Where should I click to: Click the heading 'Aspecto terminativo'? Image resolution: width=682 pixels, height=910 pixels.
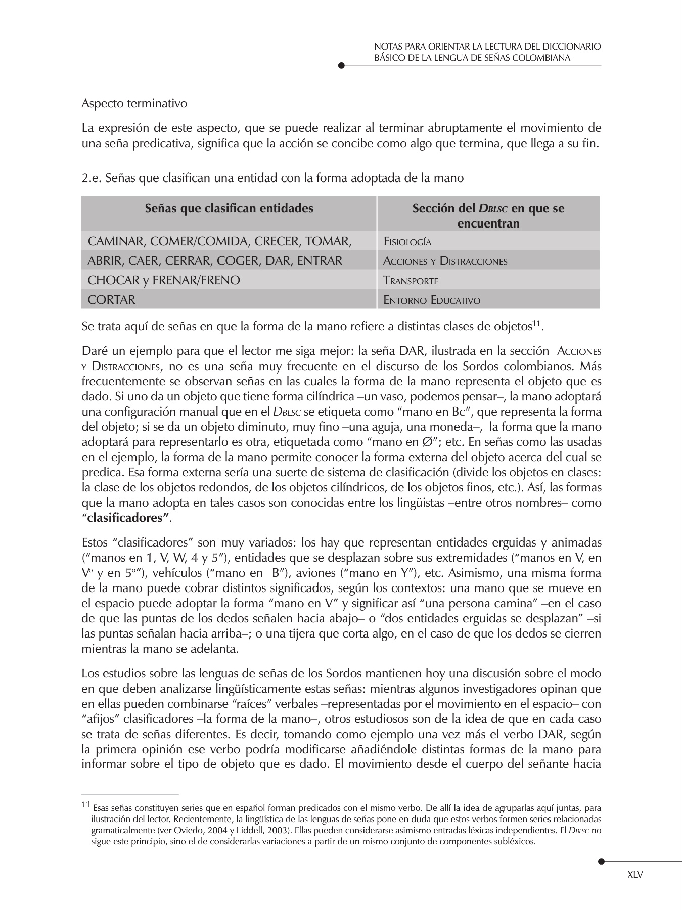134,104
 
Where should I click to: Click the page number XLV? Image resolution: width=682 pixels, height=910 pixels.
634,875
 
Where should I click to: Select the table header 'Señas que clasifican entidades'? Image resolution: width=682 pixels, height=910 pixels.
229,208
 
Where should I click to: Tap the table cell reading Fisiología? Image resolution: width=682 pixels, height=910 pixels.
407,242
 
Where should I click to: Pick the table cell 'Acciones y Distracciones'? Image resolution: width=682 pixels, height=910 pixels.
445,261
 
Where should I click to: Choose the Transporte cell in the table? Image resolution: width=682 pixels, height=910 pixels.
411,281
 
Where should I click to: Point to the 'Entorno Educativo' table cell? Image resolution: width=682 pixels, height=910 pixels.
432,300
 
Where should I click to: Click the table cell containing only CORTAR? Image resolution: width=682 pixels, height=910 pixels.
112,300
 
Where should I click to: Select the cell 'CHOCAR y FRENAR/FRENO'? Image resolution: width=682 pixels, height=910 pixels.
164,280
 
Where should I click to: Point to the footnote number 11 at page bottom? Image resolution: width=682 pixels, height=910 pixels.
85,804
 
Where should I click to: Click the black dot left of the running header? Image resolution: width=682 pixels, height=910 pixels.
341,65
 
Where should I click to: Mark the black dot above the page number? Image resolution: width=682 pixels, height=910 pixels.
601,861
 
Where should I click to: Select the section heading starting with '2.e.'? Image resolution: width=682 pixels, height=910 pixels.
272,178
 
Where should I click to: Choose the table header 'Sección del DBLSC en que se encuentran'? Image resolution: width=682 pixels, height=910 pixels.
488,215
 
